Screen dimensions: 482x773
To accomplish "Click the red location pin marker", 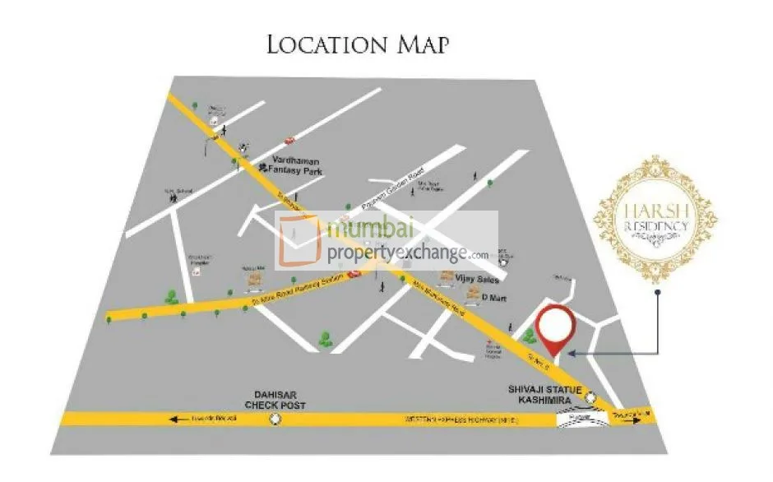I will [555, 327].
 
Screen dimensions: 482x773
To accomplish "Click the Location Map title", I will [358, 44].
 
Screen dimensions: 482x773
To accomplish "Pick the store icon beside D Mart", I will [472, 296].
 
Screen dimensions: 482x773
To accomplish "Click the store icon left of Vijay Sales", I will [450, 277].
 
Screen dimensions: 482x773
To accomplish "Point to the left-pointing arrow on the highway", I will [175, 419].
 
